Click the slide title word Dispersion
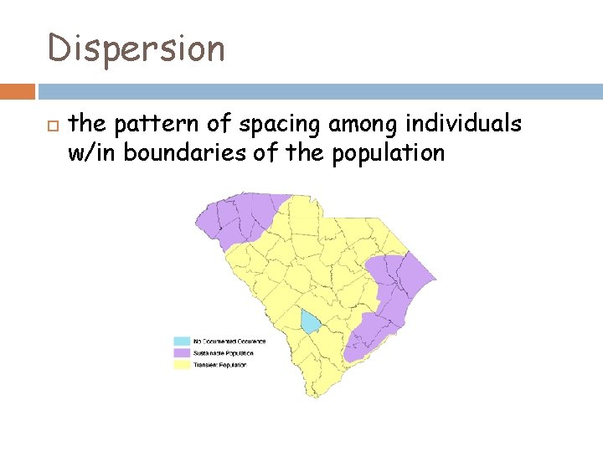[x=137, y=49]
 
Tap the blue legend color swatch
[x=181, y=342]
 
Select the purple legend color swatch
[x=181, y=353]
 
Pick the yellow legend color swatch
[x=181, y=365]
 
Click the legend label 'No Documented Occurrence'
[x=229, y=342]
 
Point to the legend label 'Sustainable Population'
[x=224, y=353]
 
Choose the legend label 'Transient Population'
[x=220, y=365]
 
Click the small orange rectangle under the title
[x=18, y=90]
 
